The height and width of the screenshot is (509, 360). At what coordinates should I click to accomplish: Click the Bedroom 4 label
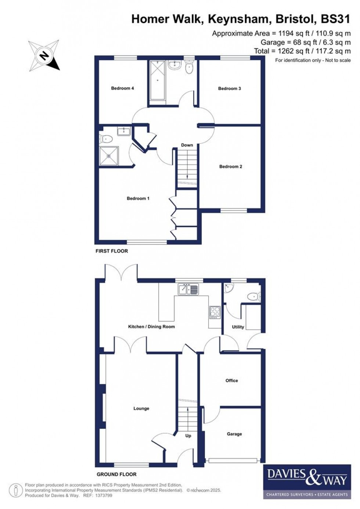click(x=122, y=88)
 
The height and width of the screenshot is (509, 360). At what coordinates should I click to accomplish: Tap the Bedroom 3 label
click(x=229, y=89)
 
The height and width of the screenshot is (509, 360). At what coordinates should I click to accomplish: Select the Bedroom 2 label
click(x=231, y=166)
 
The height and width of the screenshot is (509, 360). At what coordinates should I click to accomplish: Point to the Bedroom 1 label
click(x=138, y=198)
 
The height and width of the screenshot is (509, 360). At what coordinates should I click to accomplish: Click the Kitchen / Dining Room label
click(x=151, y=326)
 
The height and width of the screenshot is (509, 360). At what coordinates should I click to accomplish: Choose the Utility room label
click(x=238, y=327)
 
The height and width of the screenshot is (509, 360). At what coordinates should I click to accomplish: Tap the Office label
click(x=231, y=381)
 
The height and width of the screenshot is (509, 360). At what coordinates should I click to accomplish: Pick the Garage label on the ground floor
click(x=234, y=434)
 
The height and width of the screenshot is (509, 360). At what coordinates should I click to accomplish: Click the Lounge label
click(x=141, y=408)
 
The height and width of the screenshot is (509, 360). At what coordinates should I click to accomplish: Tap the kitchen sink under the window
click(x=188, y=290)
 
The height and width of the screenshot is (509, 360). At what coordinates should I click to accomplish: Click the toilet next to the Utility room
click(x=254, y=296)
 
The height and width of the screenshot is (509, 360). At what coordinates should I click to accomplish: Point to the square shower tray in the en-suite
click(x=109, y=156)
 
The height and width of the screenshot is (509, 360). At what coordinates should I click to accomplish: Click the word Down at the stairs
click(x=187, y=145)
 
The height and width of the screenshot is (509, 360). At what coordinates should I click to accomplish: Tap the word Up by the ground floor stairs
click(x=188, y=436)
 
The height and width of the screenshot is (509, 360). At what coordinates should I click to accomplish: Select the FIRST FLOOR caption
click(x=112, y=251)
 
